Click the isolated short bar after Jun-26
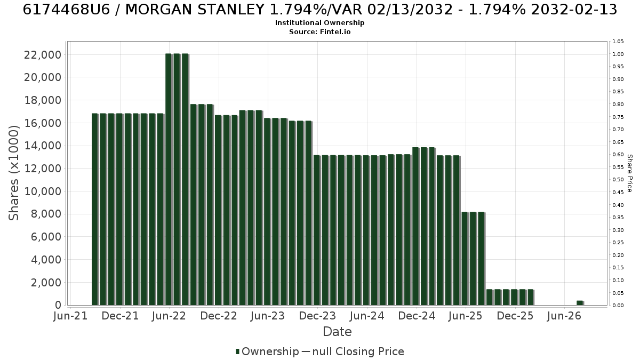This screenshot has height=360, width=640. point(580,303)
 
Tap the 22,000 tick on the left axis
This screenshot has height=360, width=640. point(43,54)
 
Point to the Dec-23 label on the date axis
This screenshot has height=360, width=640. point(317,316)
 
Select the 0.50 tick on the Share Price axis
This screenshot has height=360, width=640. point(618,179)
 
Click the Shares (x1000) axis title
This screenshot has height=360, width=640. point(14,173)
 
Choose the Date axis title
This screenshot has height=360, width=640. point(337,332)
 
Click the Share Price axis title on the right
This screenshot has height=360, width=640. point(629,173)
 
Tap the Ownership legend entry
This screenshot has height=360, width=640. point(267,351)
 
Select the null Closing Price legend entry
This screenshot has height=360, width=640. point(353,351)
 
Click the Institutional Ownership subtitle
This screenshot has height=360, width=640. point(319,23)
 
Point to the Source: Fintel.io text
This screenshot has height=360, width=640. point(319,31)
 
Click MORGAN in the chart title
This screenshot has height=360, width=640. point(158,10)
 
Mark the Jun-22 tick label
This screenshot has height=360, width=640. point(169,316)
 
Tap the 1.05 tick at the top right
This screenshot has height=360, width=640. point(618,42)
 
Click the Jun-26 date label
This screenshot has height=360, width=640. point(564,316)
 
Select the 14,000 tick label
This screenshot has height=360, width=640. point(43,146)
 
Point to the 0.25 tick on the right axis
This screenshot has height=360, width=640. point(618,243)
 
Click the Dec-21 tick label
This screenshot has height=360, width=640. point(120,316)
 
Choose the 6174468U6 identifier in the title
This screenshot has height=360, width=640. point(66,10)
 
